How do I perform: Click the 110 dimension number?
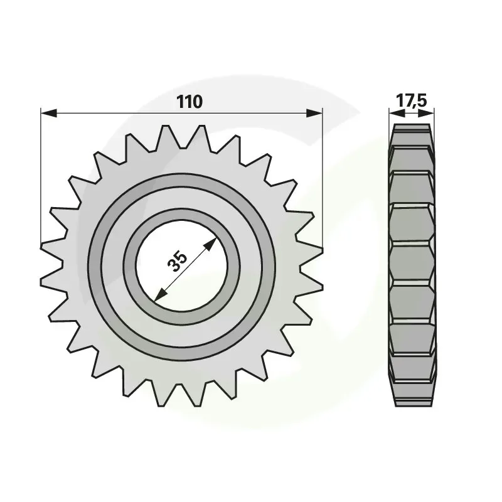[x=190, y=102]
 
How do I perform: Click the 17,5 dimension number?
[x=412, y=100]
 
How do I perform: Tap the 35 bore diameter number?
[x=177, y=262]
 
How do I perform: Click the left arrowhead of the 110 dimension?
[x=49, y=113]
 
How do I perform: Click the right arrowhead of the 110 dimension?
[x=314, y=113]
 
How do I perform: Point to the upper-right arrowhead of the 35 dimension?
[x=210, y=245]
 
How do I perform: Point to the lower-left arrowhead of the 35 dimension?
[x=161, y=294]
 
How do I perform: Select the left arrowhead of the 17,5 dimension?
[x=397, y=113]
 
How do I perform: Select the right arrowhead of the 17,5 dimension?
[x=427, y=113]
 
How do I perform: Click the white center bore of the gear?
[x=182, y=265]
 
